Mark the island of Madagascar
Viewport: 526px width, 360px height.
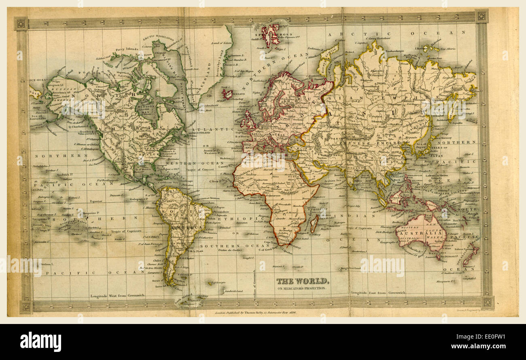pyautogui.click(x=314, y=224)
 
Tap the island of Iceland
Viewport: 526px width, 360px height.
pyautogui.click(x=227, y=94)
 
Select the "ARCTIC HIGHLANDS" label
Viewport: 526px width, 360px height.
pyautogui.click(x=157, y=38)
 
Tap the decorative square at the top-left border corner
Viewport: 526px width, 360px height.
pyautogui.click(x=21, y=23)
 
